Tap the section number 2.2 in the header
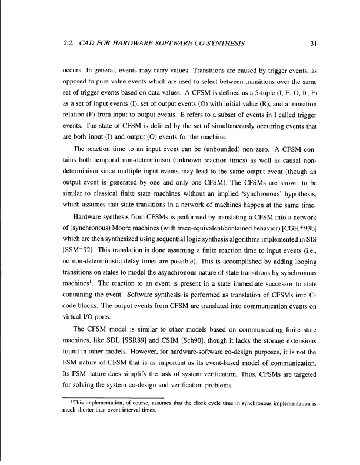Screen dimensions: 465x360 [x=68, y=43]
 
